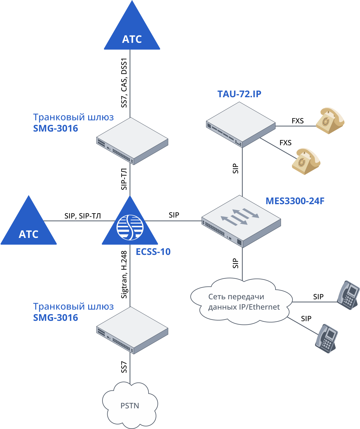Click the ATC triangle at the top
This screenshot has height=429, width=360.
(132, 33)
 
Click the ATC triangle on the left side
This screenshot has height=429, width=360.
(29, 228)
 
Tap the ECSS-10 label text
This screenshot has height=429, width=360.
(153, 252)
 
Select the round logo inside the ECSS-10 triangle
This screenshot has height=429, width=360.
(130, 228)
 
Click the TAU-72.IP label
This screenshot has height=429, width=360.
(239, 94)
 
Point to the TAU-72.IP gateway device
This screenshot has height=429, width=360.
(241, 125)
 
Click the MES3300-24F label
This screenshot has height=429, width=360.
(295, 201)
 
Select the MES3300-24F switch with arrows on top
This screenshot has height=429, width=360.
(241, 221)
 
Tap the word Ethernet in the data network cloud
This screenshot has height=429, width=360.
(264, 307)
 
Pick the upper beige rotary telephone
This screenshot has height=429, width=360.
(330, 120)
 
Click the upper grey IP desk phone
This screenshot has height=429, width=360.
(349, 295)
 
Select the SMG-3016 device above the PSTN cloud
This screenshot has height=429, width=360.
(132, 330)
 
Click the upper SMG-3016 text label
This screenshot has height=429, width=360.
(55, 129)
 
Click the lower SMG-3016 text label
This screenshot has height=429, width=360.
(55, 318)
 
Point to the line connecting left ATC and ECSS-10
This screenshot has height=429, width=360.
(76, 221)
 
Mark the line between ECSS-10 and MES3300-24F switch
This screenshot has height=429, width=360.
(173, 221)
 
